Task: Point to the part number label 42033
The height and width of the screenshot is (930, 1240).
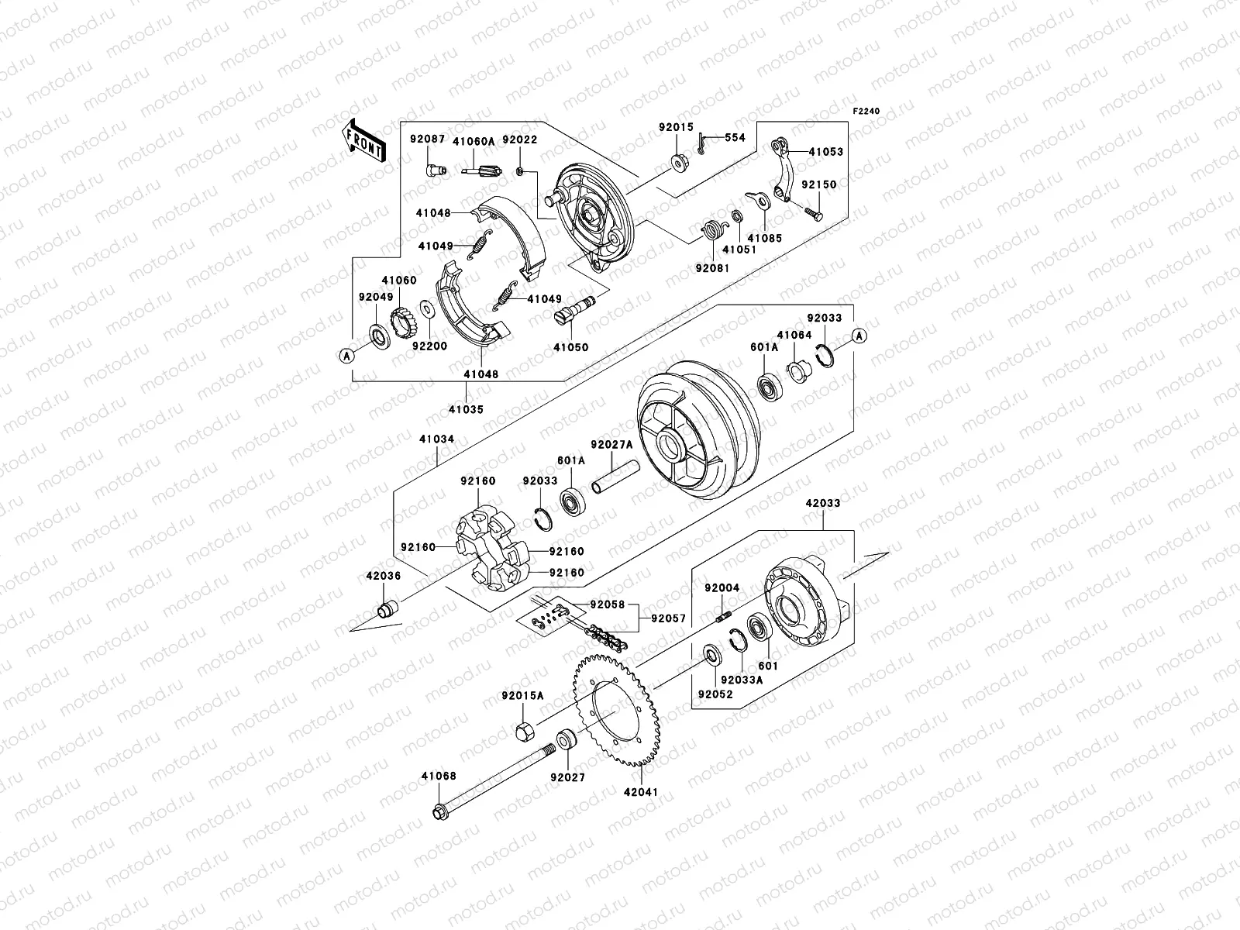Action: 822,503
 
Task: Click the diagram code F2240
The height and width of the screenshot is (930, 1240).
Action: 867,112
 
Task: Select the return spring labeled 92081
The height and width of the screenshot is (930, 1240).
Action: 711,231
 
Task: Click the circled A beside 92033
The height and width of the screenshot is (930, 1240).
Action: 859,335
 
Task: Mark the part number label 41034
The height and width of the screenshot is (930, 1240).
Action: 438,439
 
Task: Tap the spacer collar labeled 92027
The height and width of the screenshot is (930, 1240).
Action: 566,739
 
